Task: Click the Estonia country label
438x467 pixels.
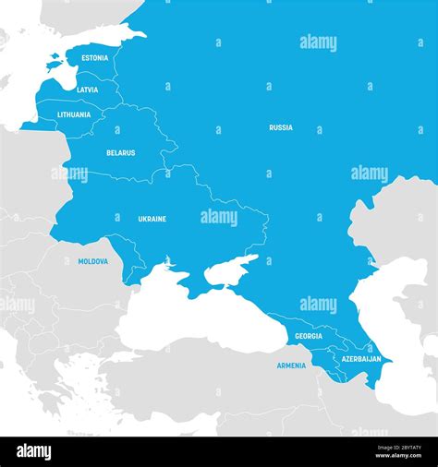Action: pyautogui.click(x=94, y=58)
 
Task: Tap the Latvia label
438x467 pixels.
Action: pyautogui.click(x=88, y=90)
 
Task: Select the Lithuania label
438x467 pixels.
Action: pyautogui.click(x=74, y=114)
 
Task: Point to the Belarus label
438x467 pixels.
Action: pyautogui.click(x=120, y=153)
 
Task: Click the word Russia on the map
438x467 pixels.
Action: pyautogui.click(x=281, y=127)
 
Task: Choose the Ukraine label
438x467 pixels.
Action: pyautogui.click(x=152, y=219)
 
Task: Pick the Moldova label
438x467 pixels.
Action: pyautogui.click(x=92, y=261)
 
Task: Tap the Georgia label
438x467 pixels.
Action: pyautogui.click(x=309, y=336)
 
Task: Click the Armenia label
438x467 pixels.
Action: pyautogui.click(x=291, y=365)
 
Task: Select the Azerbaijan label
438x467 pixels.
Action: pyautogui.click(x=360, y=358)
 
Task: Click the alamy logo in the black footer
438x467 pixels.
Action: pyautogui.click(x=34, y=452)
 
